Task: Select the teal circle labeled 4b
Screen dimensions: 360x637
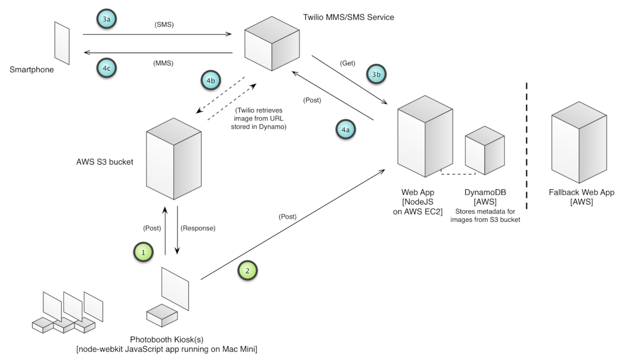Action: tap(210, 82)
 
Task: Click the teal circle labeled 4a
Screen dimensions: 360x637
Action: tap(345, 129)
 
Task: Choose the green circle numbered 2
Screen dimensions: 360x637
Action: tap(247, 271)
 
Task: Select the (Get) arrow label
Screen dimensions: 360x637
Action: tap(347, 63)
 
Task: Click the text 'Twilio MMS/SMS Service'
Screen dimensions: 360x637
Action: tap(348, 17)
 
